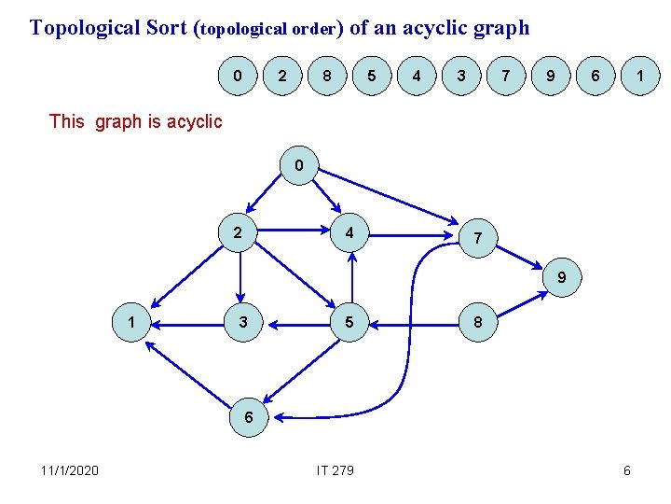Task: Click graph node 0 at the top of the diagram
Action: (298, 166)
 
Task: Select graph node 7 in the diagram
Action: (477, 238)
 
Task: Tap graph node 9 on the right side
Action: (561, 277)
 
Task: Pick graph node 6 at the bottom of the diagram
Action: (249, 416)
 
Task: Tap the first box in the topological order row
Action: (240, 76)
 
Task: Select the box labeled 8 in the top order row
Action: (325, 76)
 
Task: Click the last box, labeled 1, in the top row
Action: (640, 76)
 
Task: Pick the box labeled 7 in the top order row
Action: (505, 76)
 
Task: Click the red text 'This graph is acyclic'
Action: (135, 121)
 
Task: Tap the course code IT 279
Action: (335, 469)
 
